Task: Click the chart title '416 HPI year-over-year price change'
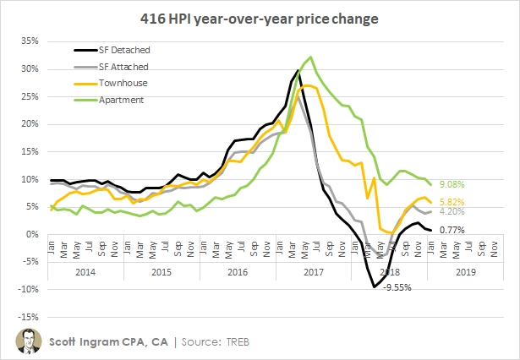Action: point(260,17)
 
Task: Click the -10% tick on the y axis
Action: point(30,289)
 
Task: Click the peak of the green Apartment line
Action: point(311,57)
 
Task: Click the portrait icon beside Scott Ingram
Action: point(28,341)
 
